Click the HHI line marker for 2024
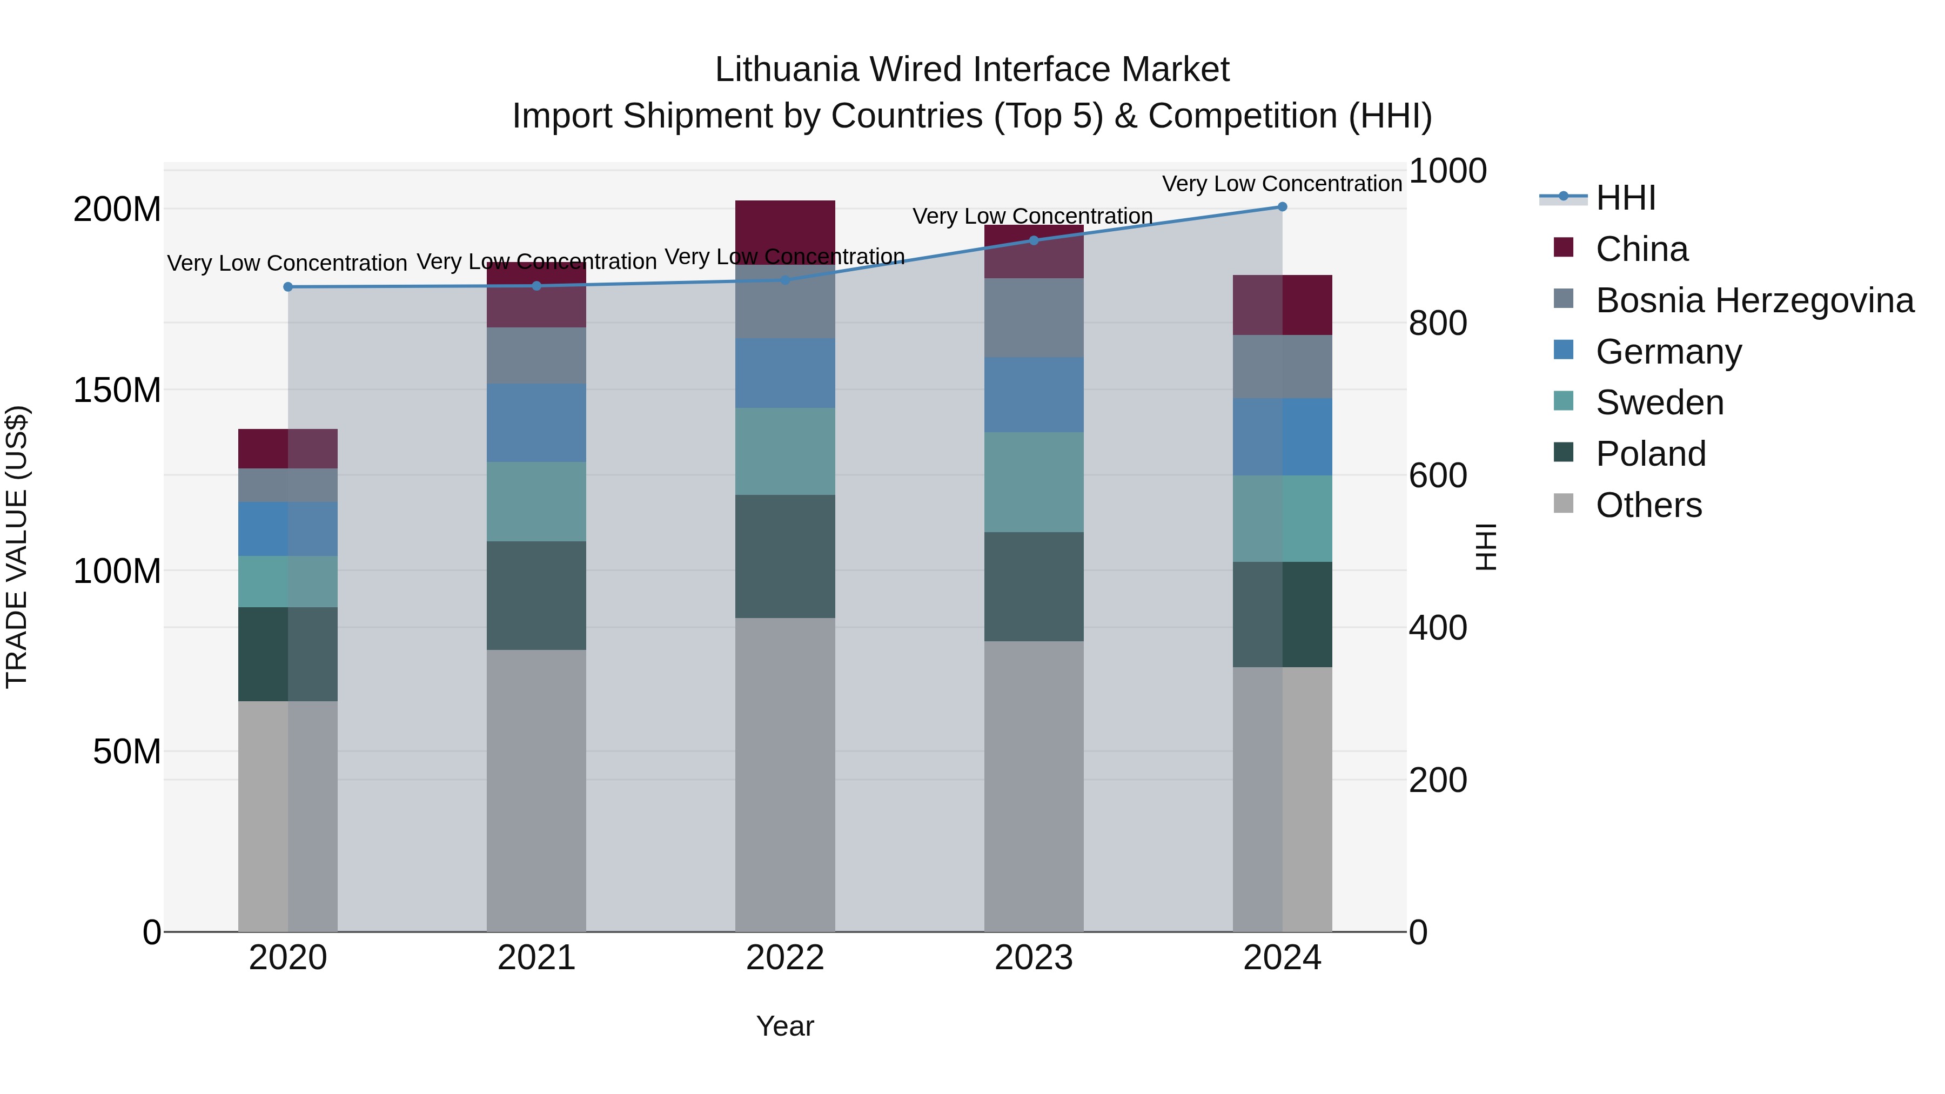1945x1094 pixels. point(1282,207)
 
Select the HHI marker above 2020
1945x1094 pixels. point(287,287)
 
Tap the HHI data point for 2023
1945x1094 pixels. point(1034,240)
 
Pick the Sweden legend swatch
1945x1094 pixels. point(1564,401)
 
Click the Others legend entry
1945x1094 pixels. point(1648,505)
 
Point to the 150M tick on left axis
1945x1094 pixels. point(117,391)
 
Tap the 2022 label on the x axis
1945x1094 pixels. point(784,958)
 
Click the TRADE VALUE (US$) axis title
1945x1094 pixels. point(17,547)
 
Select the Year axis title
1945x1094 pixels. point(784,1026)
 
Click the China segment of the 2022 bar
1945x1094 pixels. point(784,231)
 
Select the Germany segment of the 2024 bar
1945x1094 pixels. point(1282,437)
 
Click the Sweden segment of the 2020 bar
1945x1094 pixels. point(287,581)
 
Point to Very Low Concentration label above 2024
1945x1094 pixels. point(1282,184)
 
